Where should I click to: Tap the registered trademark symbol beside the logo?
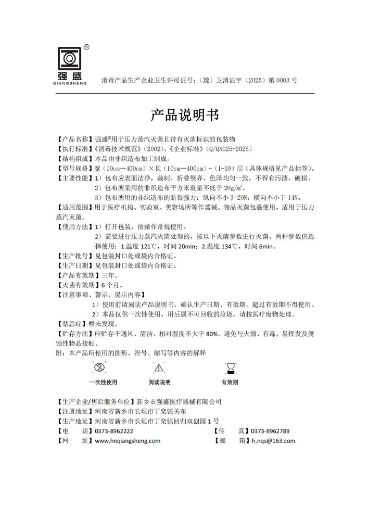click(x=86, y=47)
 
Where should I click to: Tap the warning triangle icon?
click(x=159, y=368)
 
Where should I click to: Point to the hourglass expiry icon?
click(x=230, y=369)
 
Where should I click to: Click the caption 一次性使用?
click(x=103, y=382)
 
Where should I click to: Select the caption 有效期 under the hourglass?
click(x=230, y=382)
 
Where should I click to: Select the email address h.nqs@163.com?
click(x=273, y=441)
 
